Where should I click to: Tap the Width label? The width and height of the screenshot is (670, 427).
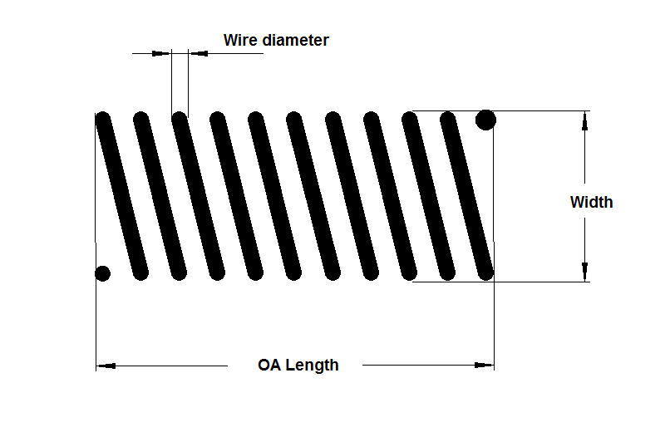coord(591,202)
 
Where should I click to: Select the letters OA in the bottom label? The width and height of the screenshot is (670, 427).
coord(269,365)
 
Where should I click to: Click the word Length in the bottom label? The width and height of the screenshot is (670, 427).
coord(313,365)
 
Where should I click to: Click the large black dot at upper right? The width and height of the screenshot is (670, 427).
coord(485,120)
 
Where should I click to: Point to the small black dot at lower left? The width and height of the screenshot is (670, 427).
coord(103,272)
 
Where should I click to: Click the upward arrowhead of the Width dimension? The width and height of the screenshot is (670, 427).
coord(585,121)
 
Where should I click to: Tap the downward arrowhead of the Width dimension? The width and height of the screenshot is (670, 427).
coord(585,271)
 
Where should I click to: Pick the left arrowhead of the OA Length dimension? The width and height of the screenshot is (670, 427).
coord(105,365)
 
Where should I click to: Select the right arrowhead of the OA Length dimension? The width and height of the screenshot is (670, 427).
coord(485,365)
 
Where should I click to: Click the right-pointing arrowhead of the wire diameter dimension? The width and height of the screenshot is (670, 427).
coord(163,53)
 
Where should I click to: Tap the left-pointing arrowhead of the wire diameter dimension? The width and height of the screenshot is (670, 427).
coord(198,53)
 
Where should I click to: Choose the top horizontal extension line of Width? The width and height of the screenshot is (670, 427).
coord(540,110)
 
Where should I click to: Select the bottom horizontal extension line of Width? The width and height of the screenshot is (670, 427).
coord(540,282)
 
